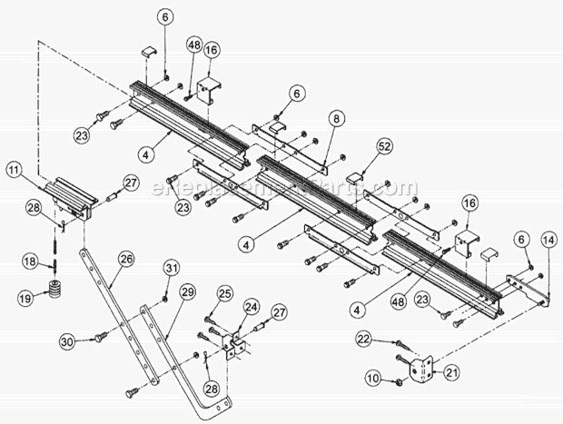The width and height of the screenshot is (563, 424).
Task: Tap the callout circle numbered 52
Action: click(384, 145)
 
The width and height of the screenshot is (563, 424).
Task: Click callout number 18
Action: click(30, 261)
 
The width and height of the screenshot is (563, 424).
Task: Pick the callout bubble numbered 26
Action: click(125, 258)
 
